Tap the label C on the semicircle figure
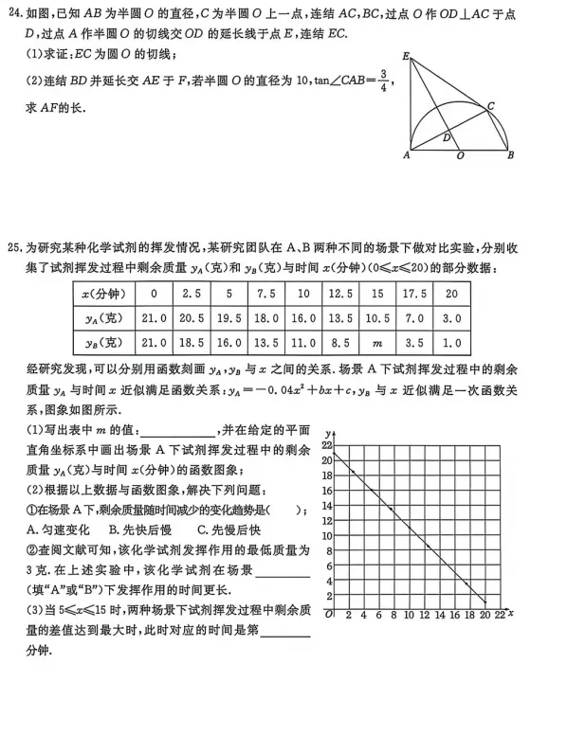click(x=490, y=106)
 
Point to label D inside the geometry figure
click(x=447, y=137)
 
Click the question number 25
click(x=13, y=245)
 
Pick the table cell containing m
click(x=377, y=342)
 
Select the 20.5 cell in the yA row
click(x=191, y=318)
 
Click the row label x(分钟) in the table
click(x=99, y=294)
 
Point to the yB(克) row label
click(x=99, y=342)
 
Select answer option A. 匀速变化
click(x=59, y=530)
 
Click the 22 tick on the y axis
click(x=327, y=444)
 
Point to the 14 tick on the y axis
click(x=327, y=505)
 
